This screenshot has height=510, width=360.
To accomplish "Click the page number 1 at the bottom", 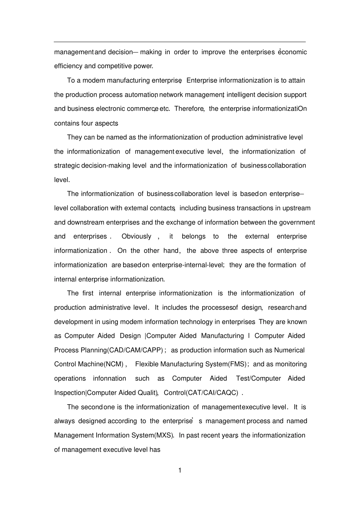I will (x=180, y=471).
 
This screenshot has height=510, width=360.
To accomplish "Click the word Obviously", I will (x=136, y=237).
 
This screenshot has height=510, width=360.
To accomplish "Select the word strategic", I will (x=67, y=166).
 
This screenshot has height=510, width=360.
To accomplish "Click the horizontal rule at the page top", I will (x=180, y=42).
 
